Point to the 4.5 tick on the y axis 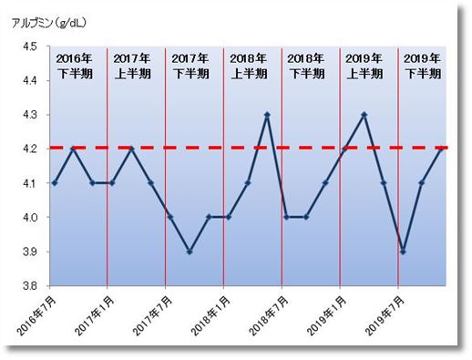pyautogui.click(x=30, y=46)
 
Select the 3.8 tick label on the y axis pyautogui.click(x=30, y=286)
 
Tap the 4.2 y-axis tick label pyautogui.click(x=30, y=149)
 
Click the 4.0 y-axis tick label pyautogui.click(x=30, y=218)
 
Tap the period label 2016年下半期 pyautogui.click(x=75, y=66)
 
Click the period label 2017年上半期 pyautogui.click(x=133, y=66)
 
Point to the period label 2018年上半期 pyautogui.click(x=250, y=66)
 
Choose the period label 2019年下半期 pyautogui.click(x=422, y=66)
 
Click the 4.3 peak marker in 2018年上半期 pyautogui.click(x=267, y=115)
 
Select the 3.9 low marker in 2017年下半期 pyautogui.click(x=189, y=252)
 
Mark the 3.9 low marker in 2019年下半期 pyautogui.click(x=403, y=252)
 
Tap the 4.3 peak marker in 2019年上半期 pyautogui.click(x=364, y=115)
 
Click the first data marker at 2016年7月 pyautogui.click(x=54, y=183)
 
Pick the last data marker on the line pyautogui.click(x=442, y=149)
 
